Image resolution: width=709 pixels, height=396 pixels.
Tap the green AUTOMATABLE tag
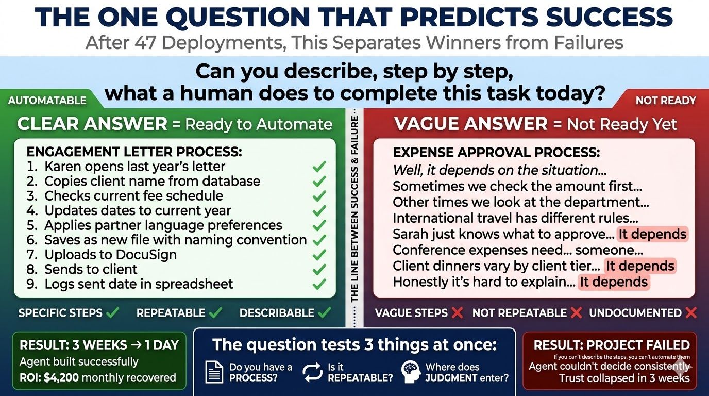[x=47, y=100]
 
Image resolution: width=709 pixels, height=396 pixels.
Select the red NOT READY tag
[x=665, y=100]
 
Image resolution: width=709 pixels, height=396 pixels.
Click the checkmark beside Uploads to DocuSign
[x=319, y=255]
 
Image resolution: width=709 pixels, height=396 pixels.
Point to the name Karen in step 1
[x=62, y=167]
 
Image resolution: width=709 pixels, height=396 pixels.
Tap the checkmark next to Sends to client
[x=319, y=269]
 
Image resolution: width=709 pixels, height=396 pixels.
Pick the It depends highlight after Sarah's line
[x=653, y=234]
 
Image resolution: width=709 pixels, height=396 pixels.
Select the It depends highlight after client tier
[x=639, y=266]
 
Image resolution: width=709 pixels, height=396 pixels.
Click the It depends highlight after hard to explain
[x=613, y=282]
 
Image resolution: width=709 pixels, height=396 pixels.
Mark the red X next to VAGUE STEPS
[x=456, y=313]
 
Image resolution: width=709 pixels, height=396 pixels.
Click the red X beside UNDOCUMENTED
[x=691, y=313]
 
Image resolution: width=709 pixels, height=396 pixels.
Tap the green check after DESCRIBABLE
[x=324, y=313]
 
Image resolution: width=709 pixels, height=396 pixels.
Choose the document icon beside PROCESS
[x=214, y=372]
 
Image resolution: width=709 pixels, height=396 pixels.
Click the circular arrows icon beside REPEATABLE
[x=312, y=372]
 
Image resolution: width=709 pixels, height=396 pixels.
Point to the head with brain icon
[x=412, y=372]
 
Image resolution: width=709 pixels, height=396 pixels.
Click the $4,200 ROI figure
[x=62, y=377]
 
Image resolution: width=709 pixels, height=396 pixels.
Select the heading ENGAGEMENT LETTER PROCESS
[x=134, y=152]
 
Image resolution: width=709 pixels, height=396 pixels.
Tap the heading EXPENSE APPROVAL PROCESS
[x=496, y=153]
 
